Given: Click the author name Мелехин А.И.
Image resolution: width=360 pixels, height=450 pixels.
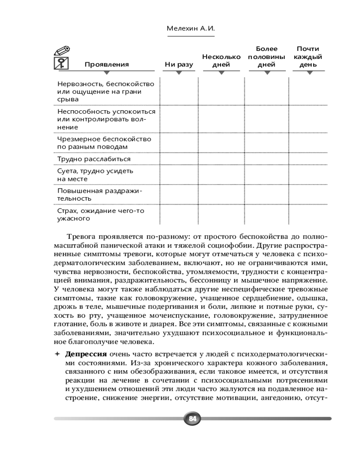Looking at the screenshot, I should (x=191, y=28).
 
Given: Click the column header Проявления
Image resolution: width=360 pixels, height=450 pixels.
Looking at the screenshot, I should (x=107, y=64).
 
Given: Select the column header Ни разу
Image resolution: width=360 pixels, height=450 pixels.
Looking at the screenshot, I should (x=179, y=64).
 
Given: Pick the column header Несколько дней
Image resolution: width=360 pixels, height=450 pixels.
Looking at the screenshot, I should (x=221, y=61).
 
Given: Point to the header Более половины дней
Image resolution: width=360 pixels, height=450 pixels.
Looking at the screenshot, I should (x=266, y=57).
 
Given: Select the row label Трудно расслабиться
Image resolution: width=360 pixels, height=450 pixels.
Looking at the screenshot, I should (x=94, y=159).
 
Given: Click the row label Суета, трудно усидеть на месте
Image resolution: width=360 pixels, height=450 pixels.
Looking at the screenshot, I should (x=95, y=175).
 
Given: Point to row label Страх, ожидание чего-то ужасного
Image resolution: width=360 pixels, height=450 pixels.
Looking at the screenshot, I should (x=101, y=214).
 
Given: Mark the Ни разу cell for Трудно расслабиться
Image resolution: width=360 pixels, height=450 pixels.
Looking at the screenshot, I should (x=179, y=159).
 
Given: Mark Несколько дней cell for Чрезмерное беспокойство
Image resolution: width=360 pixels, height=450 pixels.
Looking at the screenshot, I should (x=221, y=143).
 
